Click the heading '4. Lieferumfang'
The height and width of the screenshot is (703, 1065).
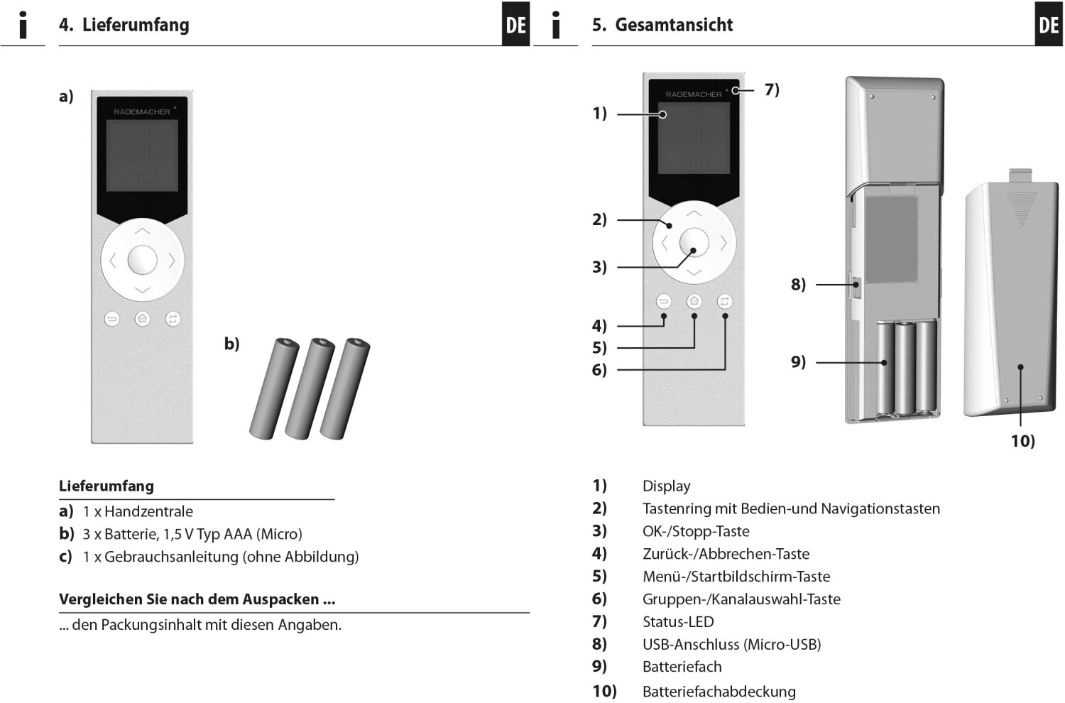(124, 25)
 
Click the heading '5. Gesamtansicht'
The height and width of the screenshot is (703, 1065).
(662, 25)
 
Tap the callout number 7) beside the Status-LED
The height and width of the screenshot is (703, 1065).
(772, 89)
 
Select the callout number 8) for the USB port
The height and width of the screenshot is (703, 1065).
(798, 285)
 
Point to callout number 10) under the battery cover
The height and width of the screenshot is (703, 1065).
(1022, 441)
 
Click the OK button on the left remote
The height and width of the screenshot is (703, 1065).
(142, 260)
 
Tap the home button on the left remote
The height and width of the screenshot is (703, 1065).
(143, 319)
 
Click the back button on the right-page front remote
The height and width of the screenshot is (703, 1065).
(664, 301)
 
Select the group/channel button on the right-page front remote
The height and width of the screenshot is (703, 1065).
(724, 301)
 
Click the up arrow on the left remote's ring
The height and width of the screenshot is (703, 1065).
(142, 231)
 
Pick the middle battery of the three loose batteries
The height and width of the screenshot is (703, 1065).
(310, 388)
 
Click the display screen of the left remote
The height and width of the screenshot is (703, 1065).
(142, 155)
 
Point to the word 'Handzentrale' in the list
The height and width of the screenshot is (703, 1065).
(148, 511)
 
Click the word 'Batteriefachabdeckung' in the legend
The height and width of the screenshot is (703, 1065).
(719, 691)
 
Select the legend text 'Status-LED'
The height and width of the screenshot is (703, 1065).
(677, 622)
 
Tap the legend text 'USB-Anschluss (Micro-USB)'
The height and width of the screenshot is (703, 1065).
(731, 645)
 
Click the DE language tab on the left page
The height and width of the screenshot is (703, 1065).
(515, 25)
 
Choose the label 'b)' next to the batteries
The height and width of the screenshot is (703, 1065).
(231, 344)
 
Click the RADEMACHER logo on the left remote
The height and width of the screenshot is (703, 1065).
(142, 111)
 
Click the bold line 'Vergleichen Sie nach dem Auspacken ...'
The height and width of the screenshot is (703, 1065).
(197, 599)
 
